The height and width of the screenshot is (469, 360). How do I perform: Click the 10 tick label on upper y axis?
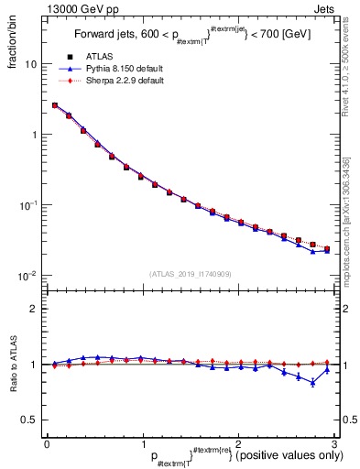pyautogui.click(x=30, y=65)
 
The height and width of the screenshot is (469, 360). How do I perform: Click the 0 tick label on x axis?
pyautogui.click(x=47, y=443)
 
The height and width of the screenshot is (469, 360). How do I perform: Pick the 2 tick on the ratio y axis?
pyautogui.click(x=33, y=310)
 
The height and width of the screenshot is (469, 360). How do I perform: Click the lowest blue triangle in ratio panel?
pyautogui.click(x=313, y=383)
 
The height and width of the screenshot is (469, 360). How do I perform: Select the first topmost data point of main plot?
pyautogui.click(x=55, y=105)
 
